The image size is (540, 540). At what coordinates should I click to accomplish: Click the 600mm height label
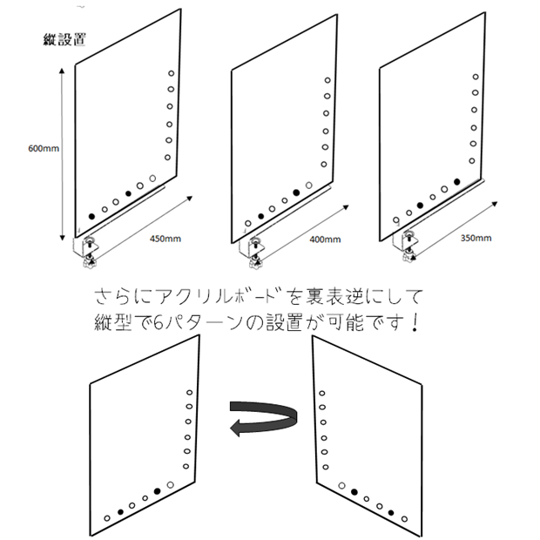pyautogui.click(x=44, y=148)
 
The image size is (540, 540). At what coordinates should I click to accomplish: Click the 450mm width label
pyautogui.click(x=165, y=239)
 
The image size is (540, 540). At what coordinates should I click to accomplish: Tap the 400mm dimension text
pyautogui.click(x=325, y=240)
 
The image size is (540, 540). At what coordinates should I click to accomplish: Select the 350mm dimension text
pyautogui.click(x=476, y=238)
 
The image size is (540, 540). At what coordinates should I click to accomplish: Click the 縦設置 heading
pyautogui.click(x=64, y=39)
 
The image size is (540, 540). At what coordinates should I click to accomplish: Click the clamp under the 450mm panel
pyautogui.click(x=87, y=252)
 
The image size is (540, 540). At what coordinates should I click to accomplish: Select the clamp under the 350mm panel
pyautogui.click(x=407, y=246)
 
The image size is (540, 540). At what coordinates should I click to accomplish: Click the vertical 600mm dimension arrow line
pyautogui.click(x=62, y=154)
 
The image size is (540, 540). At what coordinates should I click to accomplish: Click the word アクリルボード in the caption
pyautogui.click(x=216, y=297)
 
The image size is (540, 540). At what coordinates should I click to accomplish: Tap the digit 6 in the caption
pyautogui.click(x=158, y=324)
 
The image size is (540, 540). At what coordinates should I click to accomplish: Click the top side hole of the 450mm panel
pyautogui.click(x=172, y=73)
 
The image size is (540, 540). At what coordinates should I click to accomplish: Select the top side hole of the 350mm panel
pyautogui.click(x=476, y=77)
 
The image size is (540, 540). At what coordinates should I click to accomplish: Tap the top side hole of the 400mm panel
pyautogui.click(x=327, y=80)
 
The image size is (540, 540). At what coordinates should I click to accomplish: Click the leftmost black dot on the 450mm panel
pyautogui.click(x=91, y=216)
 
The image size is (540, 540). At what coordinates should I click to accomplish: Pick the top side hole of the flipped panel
pyautogui.click(x=322, y=393)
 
